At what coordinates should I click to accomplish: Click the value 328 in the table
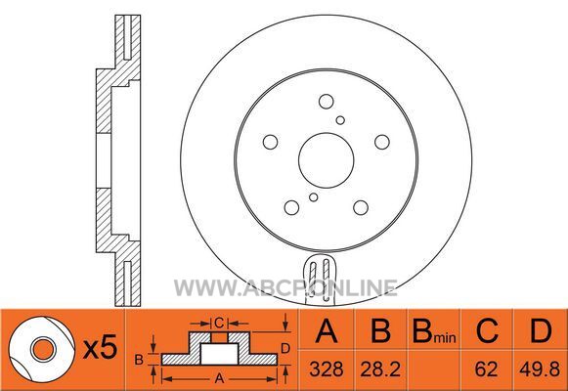(x=327, y=369)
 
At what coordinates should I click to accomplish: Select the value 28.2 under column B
(x=380, y=369)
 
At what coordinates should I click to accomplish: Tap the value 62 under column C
(x=486, y=369)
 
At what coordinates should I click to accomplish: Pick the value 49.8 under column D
(x=540, y=369)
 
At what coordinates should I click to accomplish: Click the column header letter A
(x=327, y=330)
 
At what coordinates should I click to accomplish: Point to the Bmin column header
(x=434, y=331)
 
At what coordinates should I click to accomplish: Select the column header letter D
(x=541, y=330)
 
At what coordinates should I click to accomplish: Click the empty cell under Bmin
(x=434, y=370)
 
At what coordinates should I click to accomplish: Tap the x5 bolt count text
(x=100, y=346)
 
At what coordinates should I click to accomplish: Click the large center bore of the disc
(x=326, y=160)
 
